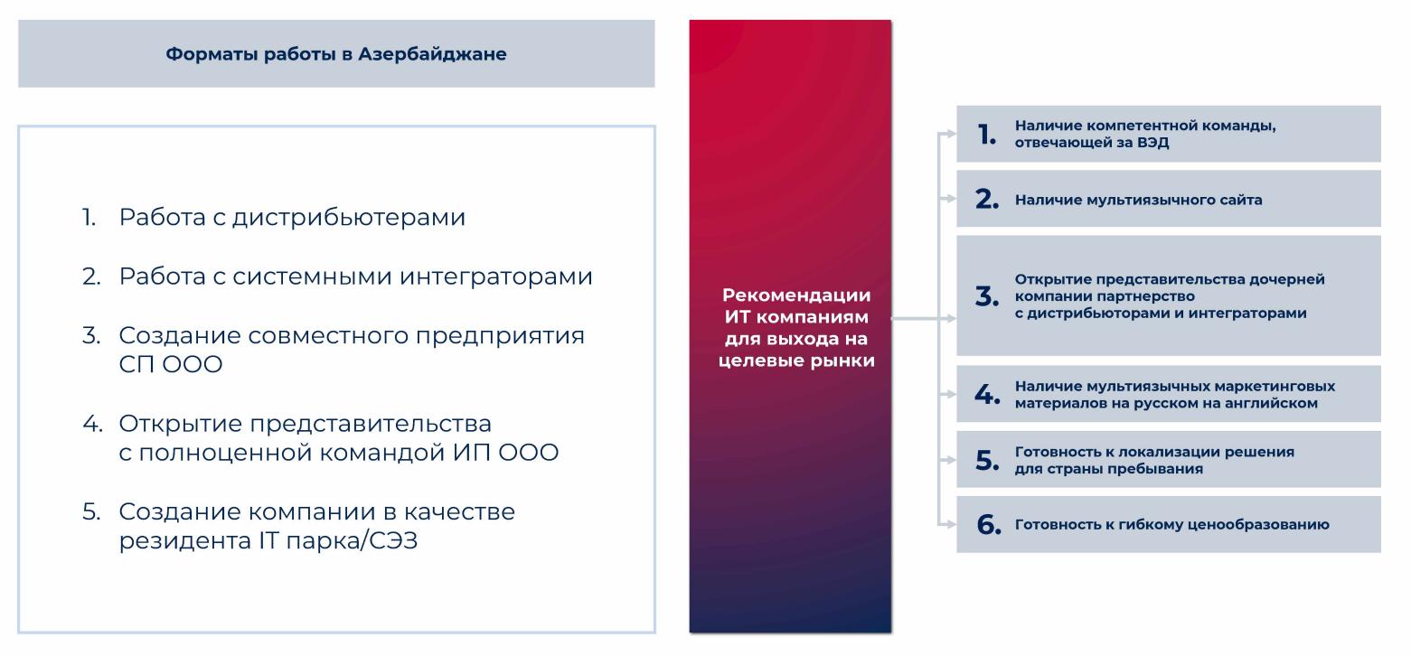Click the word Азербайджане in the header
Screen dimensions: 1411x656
432,54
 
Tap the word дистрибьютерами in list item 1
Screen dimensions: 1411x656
349,217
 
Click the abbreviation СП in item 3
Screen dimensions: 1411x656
136,364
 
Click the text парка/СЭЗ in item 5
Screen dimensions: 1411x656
348,540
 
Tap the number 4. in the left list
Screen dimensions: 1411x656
92,424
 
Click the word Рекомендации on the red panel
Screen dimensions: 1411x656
796,295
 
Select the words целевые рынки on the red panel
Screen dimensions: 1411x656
796,361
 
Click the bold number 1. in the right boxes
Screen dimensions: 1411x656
987,134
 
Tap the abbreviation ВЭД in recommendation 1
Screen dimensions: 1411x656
1152,142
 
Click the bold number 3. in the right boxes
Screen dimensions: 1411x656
987,295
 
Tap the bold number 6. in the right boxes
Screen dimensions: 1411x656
989,524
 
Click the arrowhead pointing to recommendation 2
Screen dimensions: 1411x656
951,199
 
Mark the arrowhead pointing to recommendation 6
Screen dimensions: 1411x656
951,524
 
